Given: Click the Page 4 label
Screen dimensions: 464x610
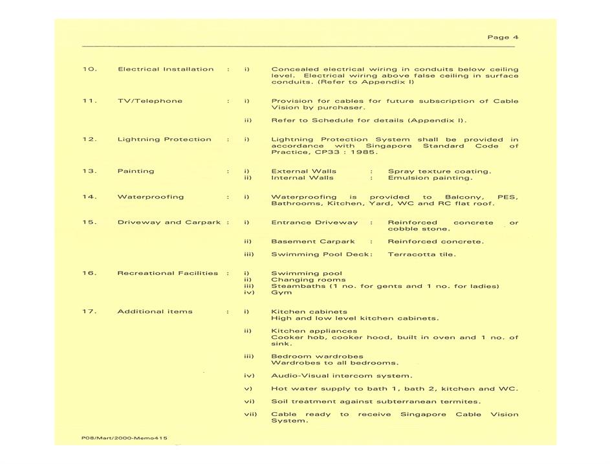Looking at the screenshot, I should pos(503,38).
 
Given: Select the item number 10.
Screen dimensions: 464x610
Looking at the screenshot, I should pos(89,69).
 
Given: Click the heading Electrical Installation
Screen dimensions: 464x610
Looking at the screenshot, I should pos(165,69).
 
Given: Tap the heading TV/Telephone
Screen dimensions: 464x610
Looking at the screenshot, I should pos(149,101).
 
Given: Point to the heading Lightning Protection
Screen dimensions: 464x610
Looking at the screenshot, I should pos(164,139).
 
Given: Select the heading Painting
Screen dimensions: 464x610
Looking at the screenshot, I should pos(135,171).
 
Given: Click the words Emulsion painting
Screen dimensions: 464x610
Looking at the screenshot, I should pos(430,177).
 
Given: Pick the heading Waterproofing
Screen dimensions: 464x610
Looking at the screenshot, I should pos(150,197).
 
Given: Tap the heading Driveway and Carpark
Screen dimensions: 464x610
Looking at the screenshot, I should pos(169,222).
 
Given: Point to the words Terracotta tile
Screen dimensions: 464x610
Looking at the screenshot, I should pos(421,254).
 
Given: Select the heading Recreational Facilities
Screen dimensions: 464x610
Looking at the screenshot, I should pos(168,273).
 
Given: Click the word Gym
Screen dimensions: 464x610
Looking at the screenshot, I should pos(281,293).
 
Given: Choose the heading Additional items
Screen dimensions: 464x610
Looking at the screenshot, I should pos(155,311).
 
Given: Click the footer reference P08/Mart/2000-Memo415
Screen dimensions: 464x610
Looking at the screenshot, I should pos(124,438).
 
